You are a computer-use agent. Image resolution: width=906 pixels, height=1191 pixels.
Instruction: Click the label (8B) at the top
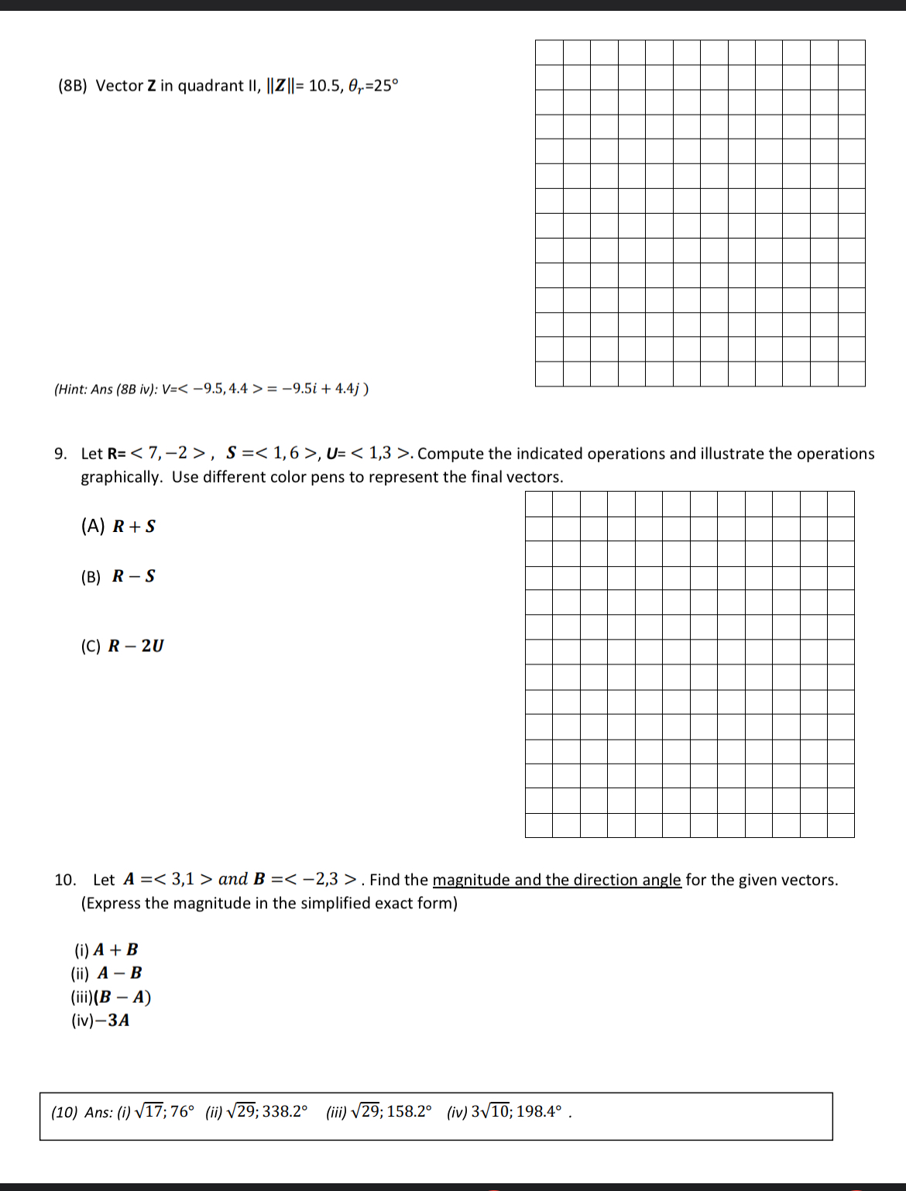click(73, 86)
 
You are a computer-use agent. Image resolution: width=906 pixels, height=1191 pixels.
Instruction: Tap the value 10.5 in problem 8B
click(324, 86)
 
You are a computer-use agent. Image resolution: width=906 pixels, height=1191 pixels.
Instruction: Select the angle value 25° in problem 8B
click(383, 86)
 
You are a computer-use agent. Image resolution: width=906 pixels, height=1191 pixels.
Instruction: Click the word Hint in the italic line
click(72, 389)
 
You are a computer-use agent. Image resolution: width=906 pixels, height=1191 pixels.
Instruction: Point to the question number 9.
click(60, 454)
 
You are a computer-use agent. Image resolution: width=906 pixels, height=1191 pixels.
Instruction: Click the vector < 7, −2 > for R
click(169, 453)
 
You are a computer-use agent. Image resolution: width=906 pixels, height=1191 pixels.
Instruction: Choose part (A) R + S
click(118, 527)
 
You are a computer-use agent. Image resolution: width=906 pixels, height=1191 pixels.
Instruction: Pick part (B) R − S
click(118, 577)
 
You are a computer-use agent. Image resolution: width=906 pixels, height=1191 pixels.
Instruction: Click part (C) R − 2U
click(122, 647)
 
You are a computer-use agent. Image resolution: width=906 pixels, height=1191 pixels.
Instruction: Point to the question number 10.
click(64, 880)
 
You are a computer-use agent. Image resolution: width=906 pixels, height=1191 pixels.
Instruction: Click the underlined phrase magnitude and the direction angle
click(557, 880)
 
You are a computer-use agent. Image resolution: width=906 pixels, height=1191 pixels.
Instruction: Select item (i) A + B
click(106, 950)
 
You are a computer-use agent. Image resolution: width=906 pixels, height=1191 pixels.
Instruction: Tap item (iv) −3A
click(101, 1021)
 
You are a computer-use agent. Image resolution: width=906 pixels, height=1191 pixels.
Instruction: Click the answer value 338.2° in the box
click(284, 1112)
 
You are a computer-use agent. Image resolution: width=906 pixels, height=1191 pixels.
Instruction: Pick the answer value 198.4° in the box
click(539, 1112)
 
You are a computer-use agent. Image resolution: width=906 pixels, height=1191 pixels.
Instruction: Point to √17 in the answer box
click(149, 1112)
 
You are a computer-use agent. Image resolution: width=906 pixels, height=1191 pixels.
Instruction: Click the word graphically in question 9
click(120, 478)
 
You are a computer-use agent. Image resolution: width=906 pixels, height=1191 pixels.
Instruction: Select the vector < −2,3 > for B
click(323, 880)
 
